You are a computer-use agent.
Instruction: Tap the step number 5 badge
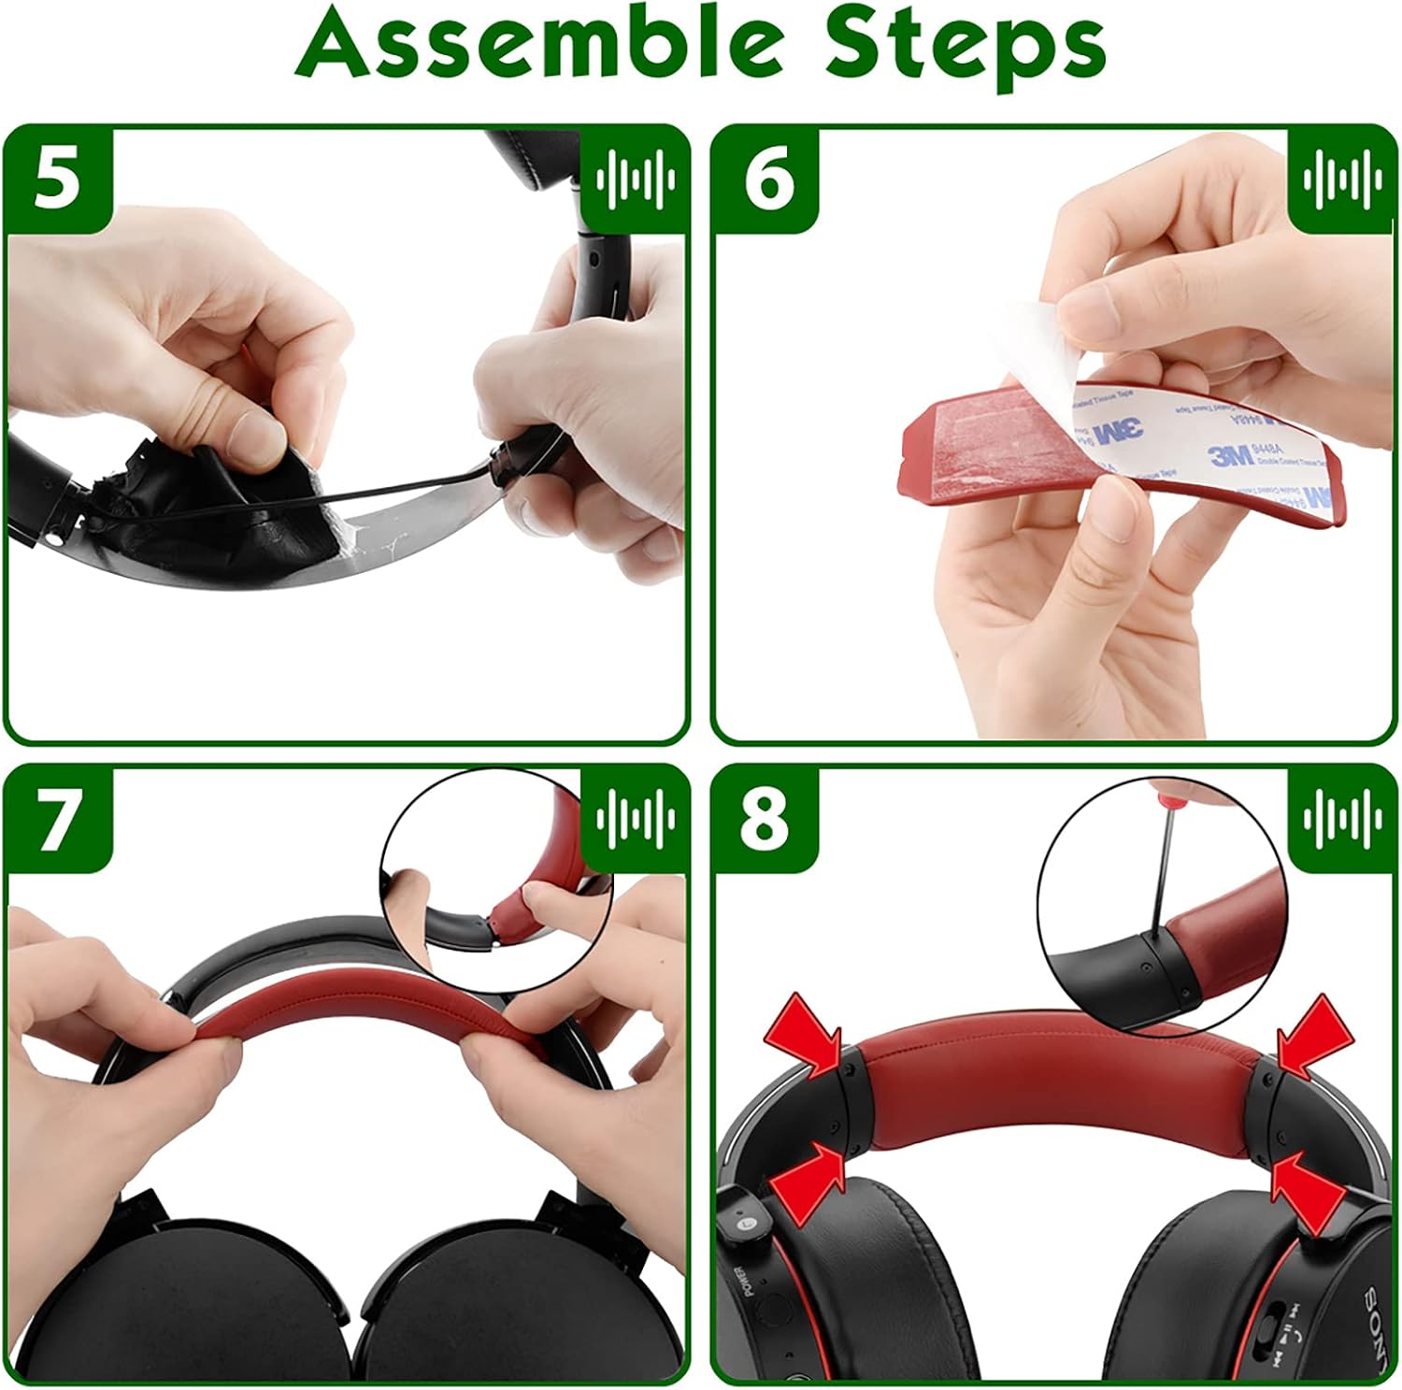point(58,179)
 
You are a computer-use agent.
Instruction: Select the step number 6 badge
point(768,179)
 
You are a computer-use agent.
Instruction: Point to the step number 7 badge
point(58,820)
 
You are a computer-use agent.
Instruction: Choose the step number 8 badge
point(766,820)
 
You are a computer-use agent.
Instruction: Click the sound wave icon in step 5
point(636,178)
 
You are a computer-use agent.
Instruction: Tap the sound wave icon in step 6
point(1342,178)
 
